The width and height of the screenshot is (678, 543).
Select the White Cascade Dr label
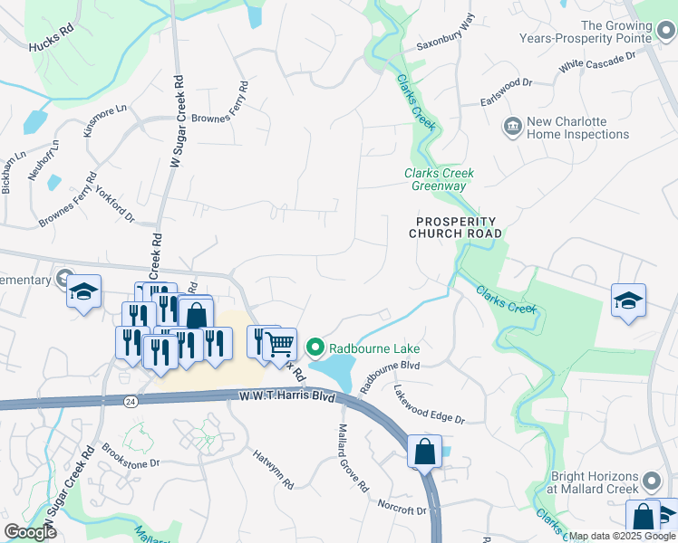click(596, 62)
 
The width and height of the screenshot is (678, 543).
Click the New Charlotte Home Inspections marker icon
click(512, 125)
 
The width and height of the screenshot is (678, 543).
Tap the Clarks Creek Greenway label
click(439, 179)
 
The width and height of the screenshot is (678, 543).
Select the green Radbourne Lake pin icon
click(315, 347)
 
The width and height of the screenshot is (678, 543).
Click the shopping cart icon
click(281, 342)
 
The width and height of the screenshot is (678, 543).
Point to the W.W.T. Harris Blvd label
click(286, 396)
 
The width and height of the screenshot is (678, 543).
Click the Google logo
click(30, 532)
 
